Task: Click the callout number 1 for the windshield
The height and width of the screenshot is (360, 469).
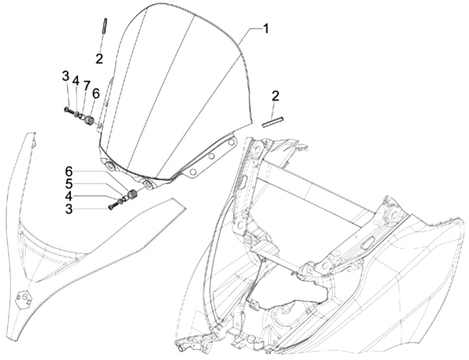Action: (x=265, y=29)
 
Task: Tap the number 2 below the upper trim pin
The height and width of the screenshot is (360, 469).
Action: (x=99, y=59)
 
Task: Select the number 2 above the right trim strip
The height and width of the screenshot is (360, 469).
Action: (x=276, y=96)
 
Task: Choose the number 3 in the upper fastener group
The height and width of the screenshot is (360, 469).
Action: (x=66, y=76)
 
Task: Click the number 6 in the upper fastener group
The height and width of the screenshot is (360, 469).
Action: (x=96, y=93)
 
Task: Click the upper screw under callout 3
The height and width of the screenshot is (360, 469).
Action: (x=68, y=110)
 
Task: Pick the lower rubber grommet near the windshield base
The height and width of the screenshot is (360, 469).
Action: (x=131, y=195)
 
